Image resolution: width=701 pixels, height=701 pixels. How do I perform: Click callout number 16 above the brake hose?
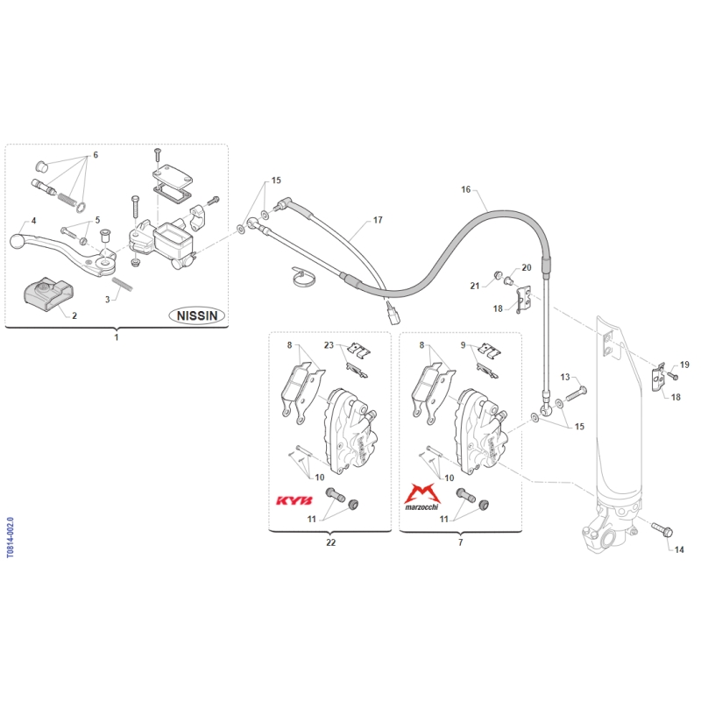point(466,189)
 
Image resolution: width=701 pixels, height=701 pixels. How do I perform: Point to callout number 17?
point(378,220)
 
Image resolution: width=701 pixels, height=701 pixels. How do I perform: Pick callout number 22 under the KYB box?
point(330,542)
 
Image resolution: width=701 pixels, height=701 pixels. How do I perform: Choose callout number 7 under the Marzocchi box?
point(461,542)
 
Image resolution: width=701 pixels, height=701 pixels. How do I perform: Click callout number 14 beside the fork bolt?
point(676,549)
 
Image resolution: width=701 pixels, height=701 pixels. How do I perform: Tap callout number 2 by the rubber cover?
point(74,315)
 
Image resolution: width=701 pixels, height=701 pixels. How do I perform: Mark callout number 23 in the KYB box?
point(329,344)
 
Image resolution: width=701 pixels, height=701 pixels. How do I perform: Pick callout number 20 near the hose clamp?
point(527,267)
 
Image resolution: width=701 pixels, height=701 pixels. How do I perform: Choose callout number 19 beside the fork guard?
point(684,364)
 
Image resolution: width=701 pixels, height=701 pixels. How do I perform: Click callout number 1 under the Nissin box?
point(117,336)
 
